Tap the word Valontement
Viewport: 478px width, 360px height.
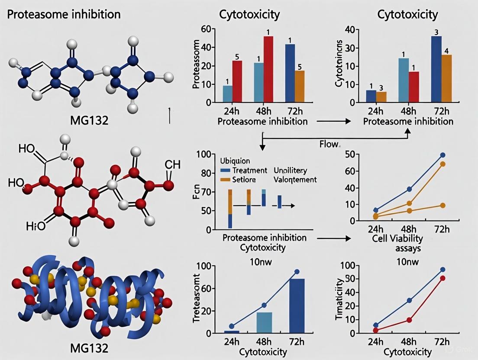coord(295,179)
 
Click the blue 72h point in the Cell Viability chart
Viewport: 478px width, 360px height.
coord(442,155)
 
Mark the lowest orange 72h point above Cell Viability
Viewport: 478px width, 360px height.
coord(442,205)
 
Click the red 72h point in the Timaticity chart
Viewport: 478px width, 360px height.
coord(442,278)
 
